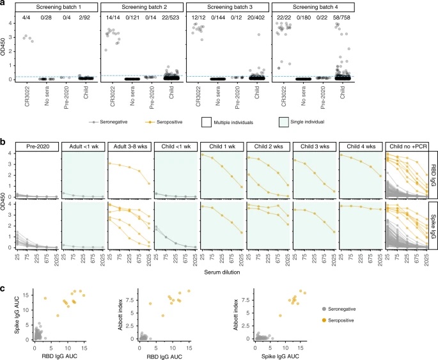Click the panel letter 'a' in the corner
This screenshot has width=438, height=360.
coord(3,4)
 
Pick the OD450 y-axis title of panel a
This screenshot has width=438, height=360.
coord(7,49)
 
